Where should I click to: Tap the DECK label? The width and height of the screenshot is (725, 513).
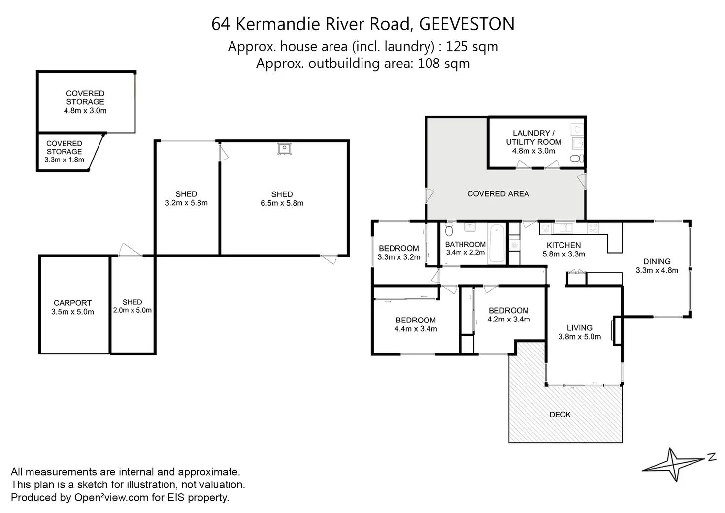coord(560,415)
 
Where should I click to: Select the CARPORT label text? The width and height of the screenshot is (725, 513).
coord(72,303)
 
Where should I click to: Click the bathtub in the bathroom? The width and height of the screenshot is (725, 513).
coord(496,243)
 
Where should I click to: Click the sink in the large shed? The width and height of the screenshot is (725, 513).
coord(284,149)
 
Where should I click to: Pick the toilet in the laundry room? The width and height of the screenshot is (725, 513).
coord(576,158)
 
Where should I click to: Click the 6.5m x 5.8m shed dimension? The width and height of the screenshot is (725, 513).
coord(282,203)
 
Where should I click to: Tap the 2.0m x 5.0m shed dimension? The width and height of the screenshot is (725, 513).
coord(132,310)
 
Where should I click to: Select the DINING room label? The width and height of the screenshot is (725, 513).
coord(657,262)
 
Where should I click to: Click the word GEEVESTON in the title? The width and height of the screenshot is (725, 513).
coord(467,24)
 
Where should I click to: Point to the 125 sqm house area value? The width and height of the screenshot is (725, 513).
coord(472,47)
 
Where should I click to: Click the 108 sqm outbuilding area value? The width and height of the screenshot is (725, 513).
coord(444,64)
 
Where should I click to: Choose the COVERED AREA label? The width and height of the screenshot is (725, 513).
coord(498,194)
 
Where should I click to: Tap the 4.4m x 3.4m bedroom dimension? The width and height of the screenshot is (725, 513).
coord(416,329)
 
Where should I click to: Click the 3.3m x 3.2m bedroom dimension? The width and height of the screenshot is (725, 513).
coord(399,257)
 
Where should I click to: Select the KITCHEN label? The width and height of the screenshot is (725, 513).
coord(563,245)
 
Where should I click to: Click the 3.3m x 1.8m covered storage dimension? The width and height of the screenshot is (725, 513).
coord(64,160)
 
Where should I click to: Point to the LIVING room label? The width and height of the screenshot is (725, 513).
coord(579,328)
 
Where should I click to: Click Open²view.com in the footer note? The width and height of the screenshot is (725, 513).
coord(111,497)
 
